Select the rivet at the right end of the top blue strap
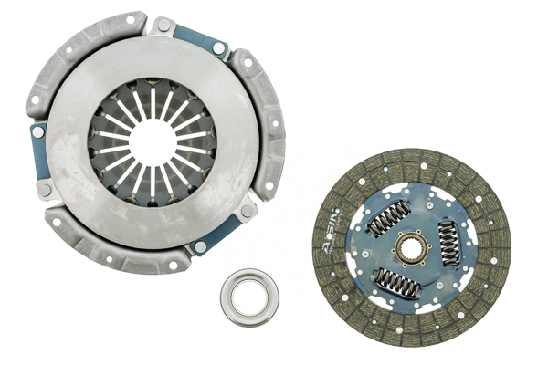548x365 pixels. coord(219,47)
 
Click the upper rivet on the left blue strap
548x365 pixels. coord(38,131)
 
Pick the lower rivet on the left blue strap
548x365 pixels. coord(44,189)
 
